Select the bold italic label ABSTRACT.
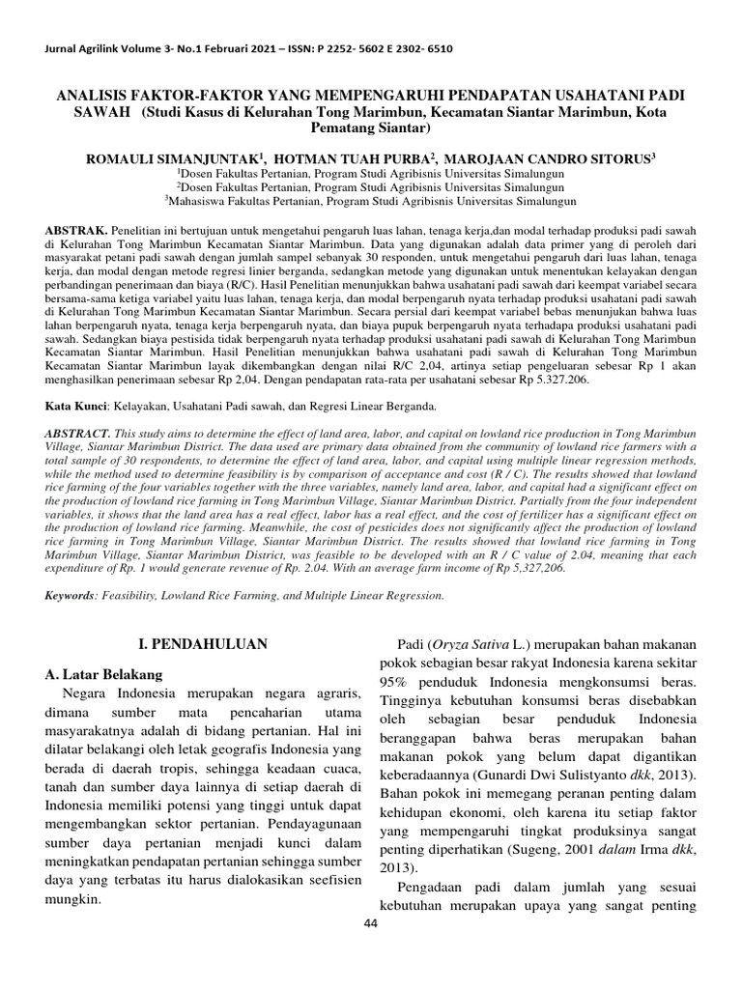pyautogui.click(x=80, y=435)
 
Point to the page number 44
pyautogui.click(x=371, y=923)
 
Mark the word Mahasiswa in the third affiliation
pyautogui.click(x=199, y=202)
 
